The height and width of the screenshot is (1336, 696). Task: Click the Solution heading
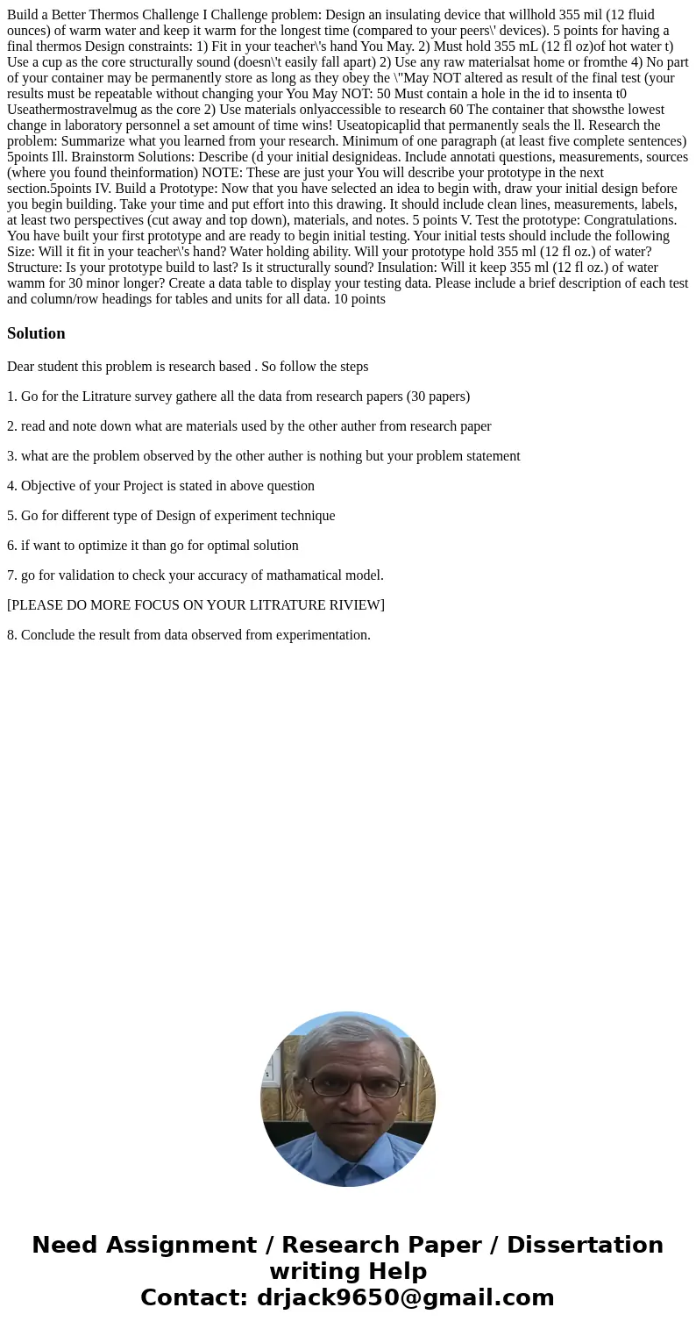[x=36, y=333]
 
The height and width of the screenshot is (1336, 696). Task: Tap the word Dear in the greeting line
[x=22, y=367]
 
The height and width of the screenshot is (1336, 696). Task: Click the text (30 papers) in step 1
[x=437, y=397]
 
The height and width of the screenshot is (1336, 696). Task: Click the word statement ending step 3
[x=491, y=456]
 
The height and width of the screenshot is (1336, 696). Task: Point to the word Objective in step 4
[x=49, y=486]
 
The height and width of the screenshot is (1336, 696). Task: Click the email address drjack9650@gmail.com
[x=405, y=1297]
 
